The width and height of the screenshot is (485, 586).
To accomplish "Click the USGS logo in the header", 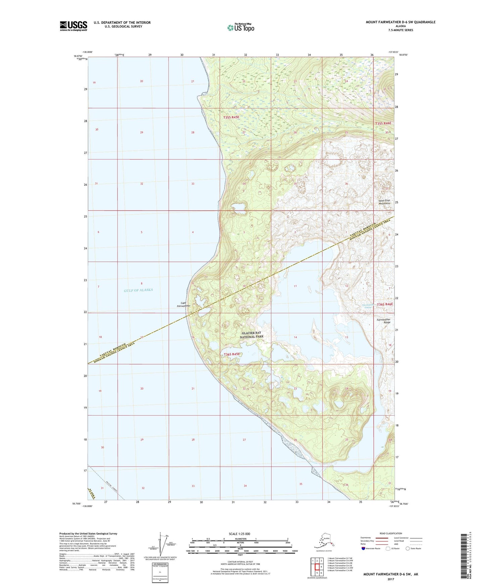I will pos(73,26).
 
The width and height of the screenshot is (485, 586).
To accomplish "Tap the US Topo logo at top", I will pos(240,28).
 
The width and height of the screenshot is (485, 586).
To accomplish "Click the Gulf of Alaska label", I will pos(138,290).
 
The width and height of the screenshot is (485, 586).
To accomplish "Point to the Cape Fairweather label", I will pos(183,304).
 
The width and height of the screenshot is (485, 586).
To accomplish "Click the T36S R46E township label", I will pos(385,304).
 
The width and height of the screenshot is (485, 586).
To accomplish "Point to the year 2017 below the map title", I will pos(391,579).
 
